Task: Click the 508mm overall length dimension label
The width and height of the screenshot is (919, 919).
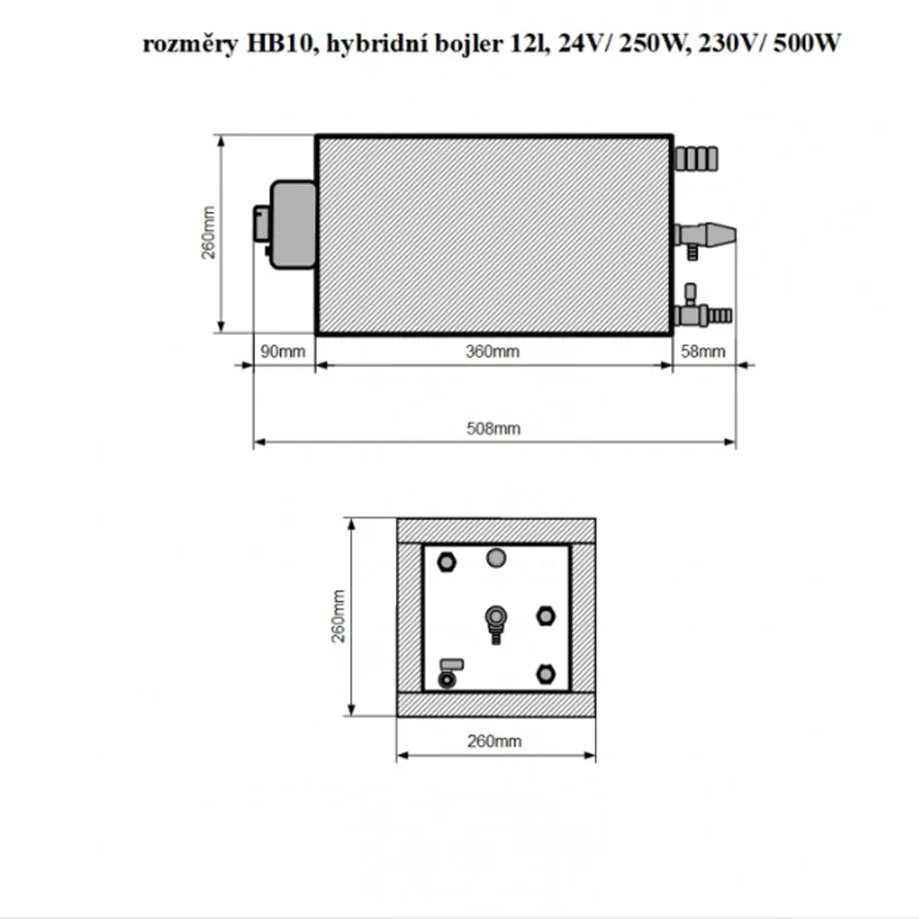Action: coord(494,428)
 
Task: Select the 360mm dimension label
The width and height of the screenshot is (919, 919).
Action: coord(494,352)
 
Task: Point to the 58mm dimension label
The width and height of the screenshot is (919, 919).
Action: coord(702,352)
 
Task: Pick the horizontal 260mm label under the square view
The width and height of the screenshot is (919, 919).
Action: coord(495,741)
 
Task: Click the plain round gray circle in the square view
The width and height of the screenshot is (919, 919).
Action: coord(496,558)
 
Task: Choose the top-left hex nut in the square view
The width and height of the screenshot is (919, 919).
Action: coord(446,561)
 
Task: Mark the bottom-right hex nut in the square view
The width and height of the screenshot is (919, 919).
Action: coord(546,673)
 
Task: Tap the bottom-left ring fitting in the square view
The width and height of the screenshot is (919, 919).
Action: coord(447,678)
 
